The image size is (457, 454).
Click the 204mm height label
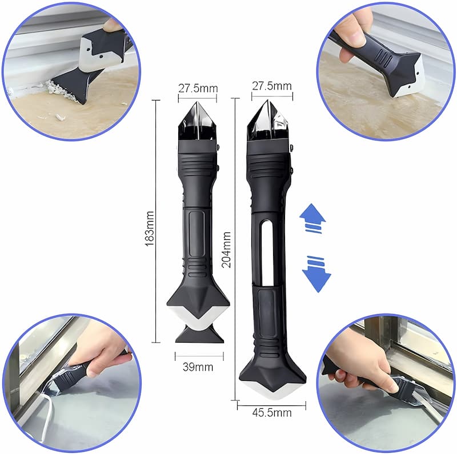(x=227, y=250)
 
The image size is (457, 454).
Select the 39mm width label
(x=198, y=367)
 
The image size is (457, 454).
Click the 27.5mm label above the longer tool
(x=271, y=86)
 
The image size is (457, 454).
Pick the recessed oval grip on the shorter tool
(x=197, y=234)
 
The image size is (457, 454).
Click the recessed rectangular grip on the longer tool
(x=267, y=311)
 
